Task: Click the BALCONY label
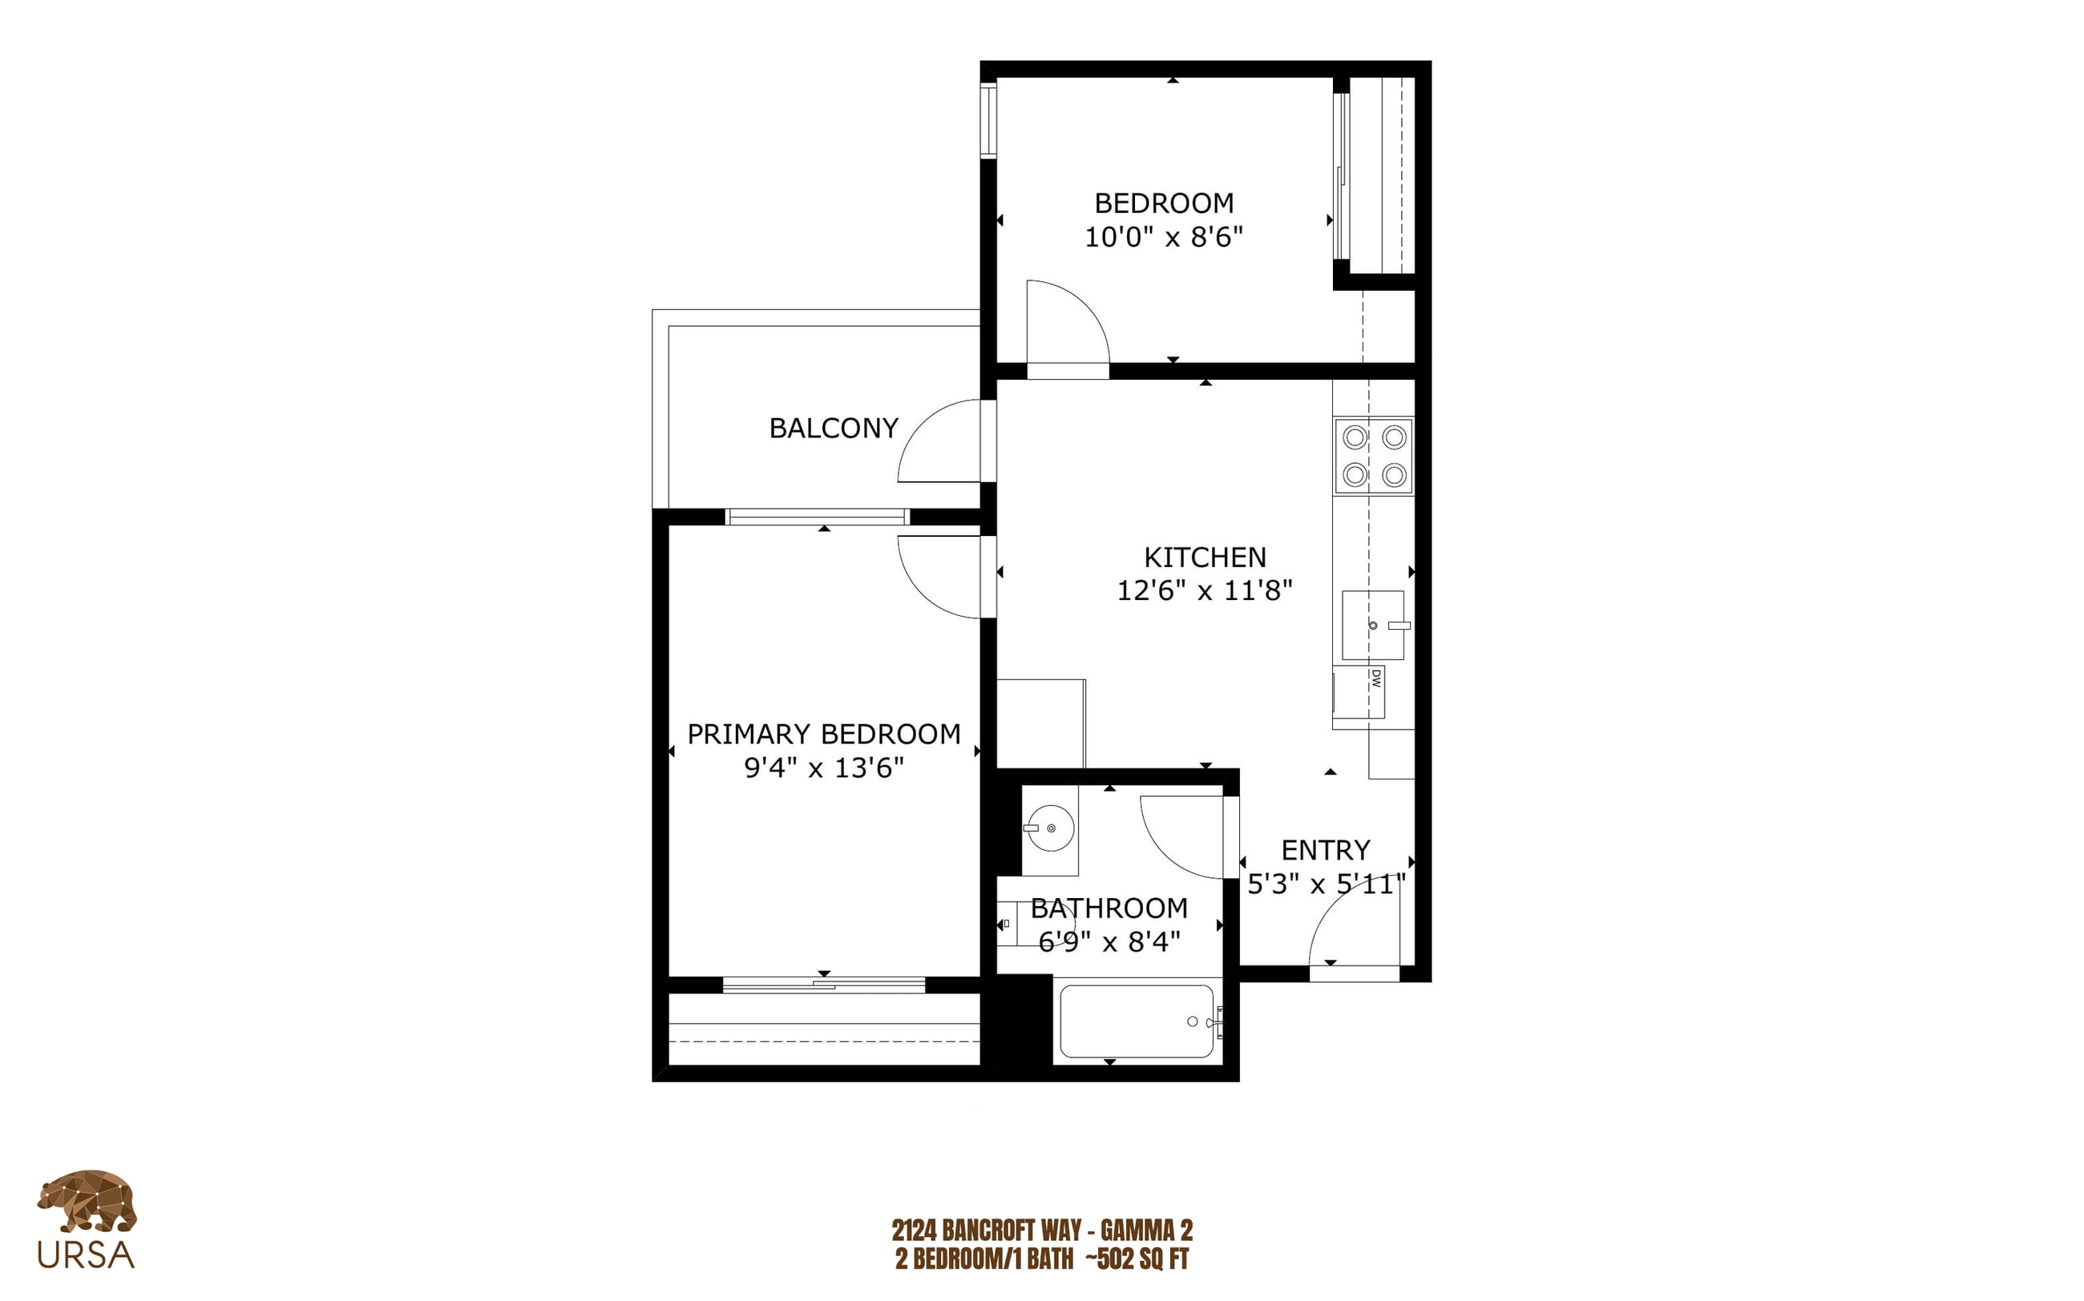pyautogui.click(x=834, y=428)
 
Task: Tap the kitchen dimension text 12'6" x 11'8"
pyautogui.click(x=1204, y=590)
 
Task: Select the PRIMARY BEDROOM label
pyautogui.click(x=824, y=734)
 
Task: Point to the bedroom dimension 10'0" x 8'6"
pyautogui.click(x=1164, y=236)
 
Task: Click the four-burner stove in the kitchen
pyautogui.click(x=1374, y=456)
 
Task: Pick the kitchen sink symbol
pyautogui.click(x=1374, y=625)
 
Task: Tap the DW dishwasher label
pyautogui.click(x=1375, y=679)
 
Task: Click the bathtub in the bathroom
pyautogui.click(x=1137, y=1021)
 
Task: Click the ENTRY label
pyautogui.click(x=1325, y=850)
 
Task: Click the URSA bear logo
pyautogui.click(x=86, y=1200)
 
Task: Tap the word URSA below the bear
pyautogui.click(x=86, y=1255)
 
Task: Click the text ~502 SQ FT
pyautogui.click(x=1137, y=1259)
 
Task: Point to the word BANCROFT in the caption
pyautogui.click(x=995, y=1230)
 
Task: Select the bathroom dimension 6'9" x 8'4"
pyautogui.click(x=1109, y=942)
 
